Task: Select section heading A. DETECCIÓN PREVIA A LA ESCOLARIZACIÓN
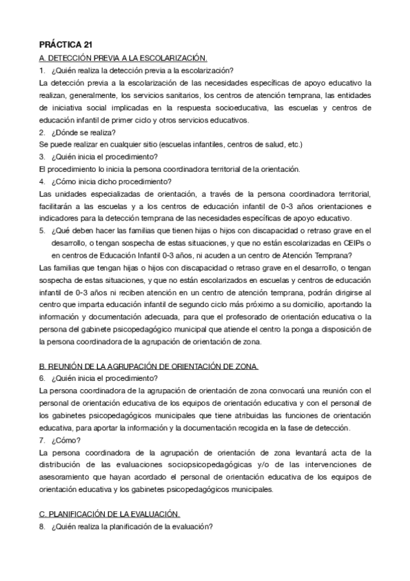coord(123,59)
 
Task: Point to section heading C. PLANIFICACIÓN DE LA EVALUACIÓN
coord(110,514)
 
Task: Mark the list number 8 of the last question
coord(42,526)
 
